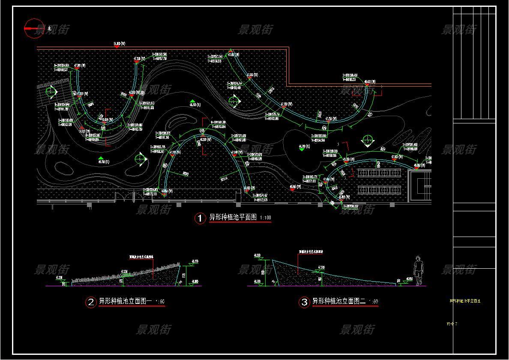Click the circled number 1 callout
[x=200, y=218]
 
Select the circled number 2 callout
[x=91, y=302]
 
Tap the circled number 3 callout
[x=304, y=302]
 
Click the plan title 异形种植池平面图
[x=233, y=217]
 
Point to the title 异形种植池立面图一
[x=126, y=301]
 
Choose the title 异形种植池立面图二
[x=339, y=301]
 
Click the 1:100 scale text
[x=266, y=218]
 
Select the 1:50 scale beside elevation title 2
[x=159, y=302]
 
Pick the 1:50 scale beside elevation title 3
[x=373, y=302]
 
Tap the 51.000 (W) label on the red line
[x=119, y=44]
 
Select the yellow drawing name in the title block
[x=465, y=301]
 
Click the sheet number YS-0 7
[x=452, y=324]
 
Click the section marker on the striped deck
[x=51, y=91]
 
